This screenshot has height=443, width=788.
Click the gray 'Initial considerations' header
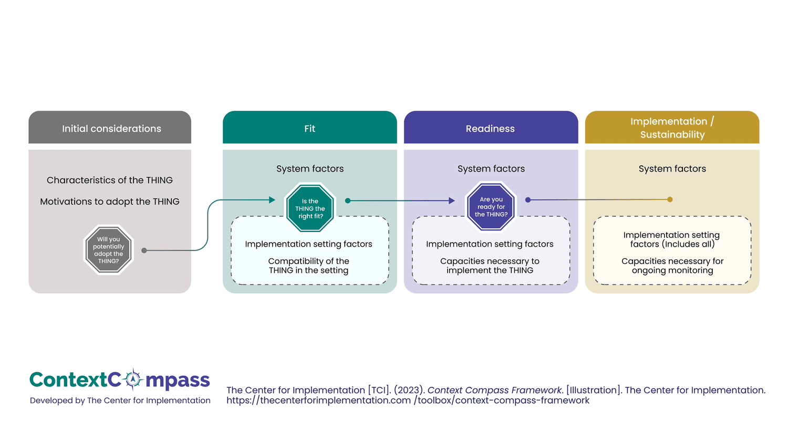tap(110, 128)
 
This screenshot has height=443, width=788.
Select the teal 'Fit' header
tap(309, 128)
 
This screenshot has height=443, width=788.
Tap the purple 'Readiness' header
tap(490, 128)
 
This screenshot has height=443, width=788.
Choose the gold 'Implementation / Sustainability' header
tap(672, 128)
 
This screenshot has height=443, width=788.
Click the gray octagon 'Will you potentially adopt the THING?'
tap(109, 250)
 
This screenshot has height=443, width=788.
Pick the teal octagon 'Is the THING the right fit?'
tap(310, 208)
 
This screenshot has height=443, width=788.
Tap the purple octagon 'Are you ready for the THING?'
tap(491, 207)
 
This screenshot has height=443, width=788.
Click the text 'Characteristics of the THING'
tap(110, 180)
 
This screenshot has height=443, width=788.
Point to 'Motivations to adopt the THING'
tap(110, 202)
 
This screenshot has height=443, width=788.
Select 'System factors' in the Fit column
tap(310, 168)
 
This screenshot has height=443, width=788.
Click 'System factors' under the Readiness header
tap(491, 168)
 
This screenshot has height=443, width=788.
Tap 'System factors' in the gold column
tap(672, 168)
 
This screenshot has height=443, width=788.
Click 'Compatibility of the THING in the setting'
tap(309, 266)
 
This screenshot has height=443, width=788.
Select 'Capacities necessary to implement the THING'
tap(490, 266)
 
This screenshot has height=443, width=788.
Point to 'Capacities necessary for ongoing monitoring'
tap(672, 266)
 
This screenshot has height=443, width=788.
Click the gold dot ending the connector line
tap(670, 199)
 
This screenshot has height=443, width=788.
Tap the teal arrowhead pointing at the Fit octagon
tap(272, 200)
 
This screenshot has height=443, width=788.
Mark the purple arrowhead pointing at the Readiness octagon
tap(452, 201)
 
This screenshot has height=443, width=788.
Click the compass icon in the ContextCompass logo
tap(133, 379)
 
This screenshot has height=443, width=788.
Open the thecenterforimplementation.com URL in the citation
tap(408, 400)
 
